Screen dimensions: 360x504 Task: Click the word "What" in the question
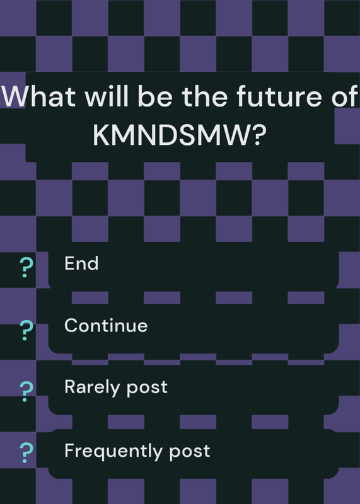pos(38,96)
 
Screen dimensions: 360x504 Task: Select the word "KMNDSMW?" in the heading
pos(180,135)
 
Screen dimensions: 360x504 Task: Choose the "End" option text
pos(81,263)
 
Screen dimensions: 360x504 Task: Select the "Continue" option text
pos(106,325)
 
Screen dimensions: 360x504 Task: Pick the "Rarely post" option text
pos(116,387)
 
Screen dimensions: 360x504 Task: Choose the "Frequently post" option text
pos(137,451)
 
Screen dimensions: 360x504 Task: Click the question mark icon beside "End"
pos(26,267)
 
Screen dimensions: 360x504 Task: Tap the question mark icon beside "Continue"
pos(26,330)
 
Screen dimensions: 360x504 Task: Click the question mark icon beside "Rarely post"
pos(26,391)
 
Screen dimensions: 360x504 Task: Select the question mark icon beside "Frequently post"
pos(26,452)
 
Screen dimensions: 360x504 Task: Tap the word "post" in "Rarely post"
pos(147,388)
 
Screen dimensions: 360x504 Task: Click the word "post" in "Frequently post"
pos(190,452)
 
